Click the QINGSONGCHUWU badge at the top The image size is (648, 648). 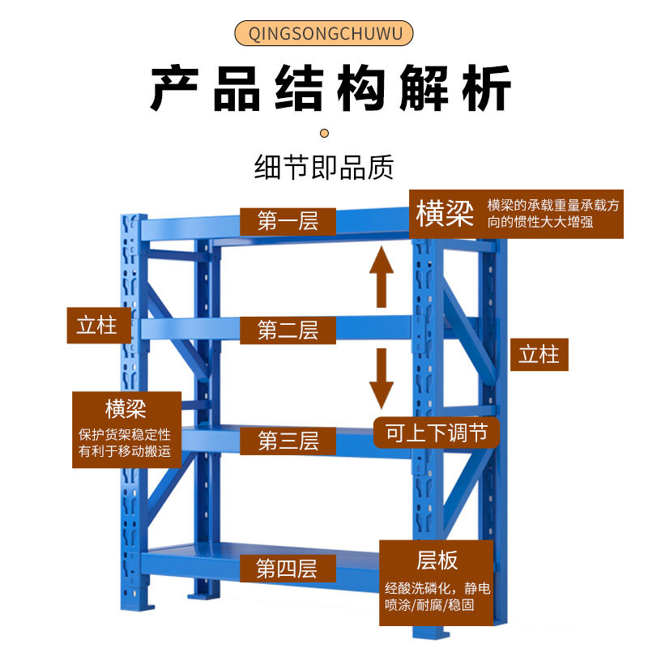point(324,34)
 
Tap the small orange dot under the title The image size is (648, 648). point(324,132)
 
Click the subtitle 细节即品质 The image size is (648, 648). point(324,168)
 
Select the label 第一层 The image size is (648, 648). point(288,220)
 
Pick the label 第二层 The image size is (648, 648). point(288,330)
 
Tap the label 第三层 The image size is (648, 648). point(288,441)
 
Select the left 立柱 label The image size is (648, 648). point(98,326)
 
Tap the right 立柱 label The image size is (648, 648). point(539,355)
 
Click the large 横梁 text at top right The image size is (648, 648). point(445,215)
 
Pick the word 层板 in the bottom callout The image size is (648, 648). point(437,560)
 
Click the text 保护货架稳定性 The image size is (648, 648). point(126,434)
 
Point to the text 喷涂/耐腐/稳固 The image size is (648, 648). point(437,605)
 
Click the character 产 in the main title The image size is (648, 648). point(175,89)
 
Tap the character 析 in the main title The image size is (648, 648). point(486,89)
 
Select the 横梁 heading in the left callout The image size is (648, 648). point(126,407)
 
